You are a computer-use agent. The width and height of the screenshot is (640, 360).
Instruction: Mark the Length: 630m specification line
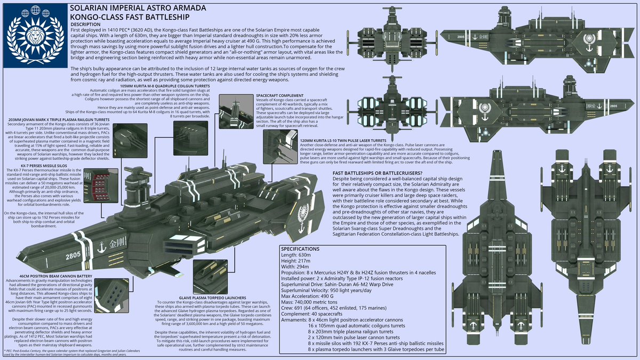tap(298, 257)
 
